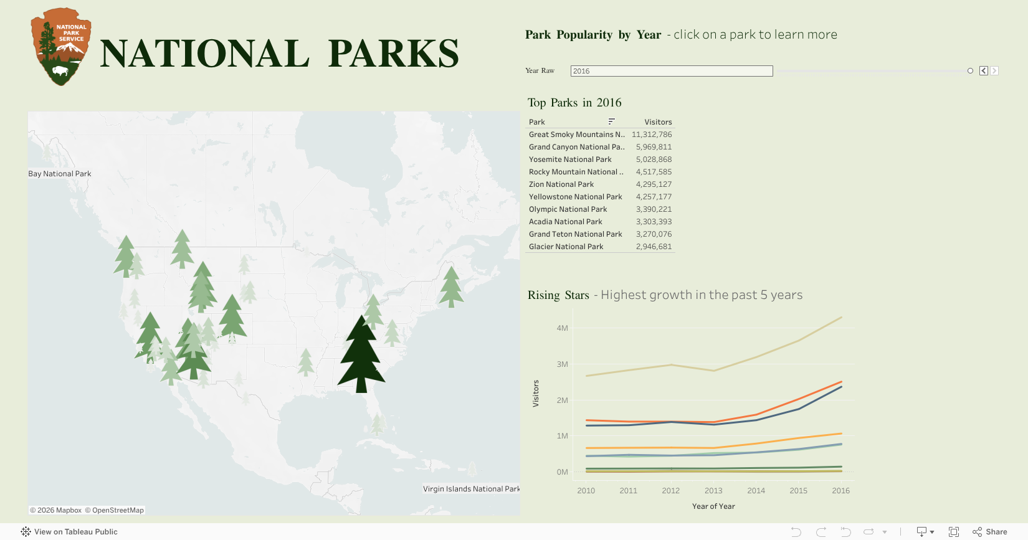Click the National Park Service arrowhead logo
click(x=60, y=47)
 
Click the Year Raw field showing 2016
click(x=671, y=71)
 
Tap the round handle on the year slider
click(x=970, y=71)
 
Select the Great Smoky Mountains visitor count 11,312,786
click(x=652, y=135)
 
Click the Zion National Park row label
click(x=561, y=184)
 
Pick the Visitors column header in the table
click(x=658, y=122)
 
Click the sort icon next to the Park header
click(x=611, y=121)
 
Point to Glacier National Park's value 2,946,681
click(x=654, y=247)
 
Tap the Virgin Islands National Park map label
click(x=471, y=489)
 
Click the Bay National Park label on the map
click(x=60, y=174)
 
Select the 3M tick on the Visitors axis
click(x=562, y=364)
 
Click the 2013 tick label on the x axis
click(x=713, y=491)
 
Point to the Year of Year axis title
click(x=713, y=506)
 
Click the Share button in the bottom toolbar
click(x=990, y=532)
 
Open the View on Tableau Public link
click(x=69, y=532)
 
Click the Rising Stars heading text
click(x=558, y=295)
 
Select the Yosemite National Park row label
click(x=570, y=159)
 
